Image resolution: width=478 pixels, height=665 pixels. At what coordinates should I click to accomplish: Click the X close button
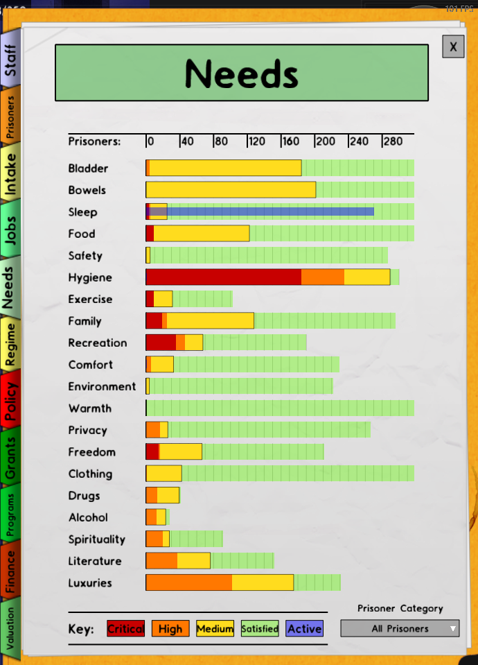pos(453,46)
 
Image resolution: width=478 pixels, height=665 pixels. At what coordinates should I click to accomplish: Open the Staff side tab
pos(10,60)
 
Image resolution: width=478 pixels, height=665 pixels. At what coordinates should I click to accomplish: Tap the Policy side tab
pos(10,401)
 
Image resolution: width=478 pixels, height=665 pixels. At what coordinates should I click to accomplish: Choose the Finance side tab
pos(10,571)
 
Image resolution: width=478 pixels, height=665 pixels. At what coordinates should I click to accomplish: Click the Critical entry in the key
pos(126,628)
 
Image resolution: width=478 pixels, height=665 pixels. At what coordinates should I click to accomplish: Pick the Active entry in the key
pos(304,628)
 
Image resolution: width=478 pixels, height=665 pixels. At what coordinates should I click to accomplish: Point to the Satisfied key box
pos(260,628)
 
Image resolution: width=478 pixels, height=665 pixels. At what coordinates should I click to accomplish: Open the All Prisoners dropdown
pos(400,628)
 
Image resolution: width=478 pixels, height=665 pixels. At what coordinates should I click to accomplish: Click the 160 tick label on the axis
pos(291,141)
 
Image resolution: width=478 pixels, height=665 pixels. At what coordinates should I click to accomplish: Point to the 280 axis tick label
pos(392,141)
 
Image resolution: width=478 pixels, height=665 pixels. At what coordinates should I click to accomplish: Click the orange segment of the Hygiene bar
pos(323,277)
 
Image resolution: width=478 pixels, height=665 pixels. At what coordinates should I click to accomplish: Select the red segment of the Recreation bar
pos(161,343)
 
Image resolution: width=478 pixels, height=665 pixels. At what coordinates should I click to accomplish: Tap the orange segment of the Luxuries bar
pos(189,582)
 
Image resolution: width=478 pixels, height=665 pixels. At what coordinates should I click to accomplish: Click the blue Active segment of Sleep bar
pos(270,211)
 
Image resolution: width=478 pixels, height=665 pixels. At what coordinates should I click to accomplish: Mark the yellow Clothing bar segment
pos(164,474)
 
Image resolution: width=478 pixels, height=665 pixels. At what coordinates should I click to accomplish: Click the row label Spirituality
pos(97,539)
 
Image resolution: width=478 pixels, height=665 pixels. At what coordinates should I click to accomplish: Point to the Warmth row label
pos(90,408)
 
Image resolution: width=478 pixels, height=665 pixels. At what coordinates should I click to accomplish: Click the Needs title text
pos(242,74)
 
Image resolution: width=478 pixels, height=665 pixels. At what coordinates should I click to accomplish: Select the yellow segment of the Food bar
pos(202,233)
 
